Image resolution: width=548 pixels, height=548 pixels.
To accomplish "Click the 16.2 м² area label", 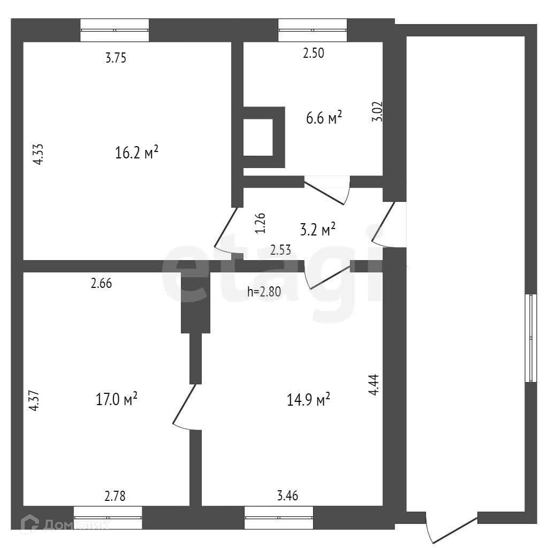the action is (137, 153).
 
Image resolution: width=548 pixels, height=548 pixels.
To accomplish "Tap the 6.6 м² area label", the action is (324, 118).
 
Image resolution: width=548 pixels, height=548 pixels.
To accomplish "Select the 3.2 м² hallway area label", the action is (318, 230).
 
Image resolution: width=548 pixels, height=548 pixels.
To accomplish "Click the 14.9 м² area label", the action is (308, 400).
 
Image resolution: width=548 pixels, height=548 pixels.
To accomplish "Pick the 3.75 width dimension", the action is (116, 59).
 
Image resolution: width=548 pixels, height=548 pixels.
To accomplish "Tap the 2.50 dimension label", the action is (314, 53).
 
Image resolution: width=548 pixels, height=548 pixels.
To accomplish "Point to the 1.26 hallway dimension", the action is (260, 223).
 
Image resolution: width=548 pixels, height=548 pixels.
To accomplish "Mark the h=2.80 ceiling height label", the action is (264, 292).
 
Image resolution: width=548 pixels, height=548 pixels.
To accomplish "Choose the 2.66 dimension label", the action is (101, 284).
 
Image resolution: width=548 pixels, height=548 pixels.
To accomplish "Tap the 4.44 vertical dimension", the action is (374, 385).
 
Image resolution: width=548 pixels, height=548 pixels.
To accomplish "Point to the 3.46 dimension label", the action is (287, 496).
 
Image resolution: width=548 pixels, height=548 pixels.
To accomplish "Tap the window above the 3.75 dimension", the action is (115, 30).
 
